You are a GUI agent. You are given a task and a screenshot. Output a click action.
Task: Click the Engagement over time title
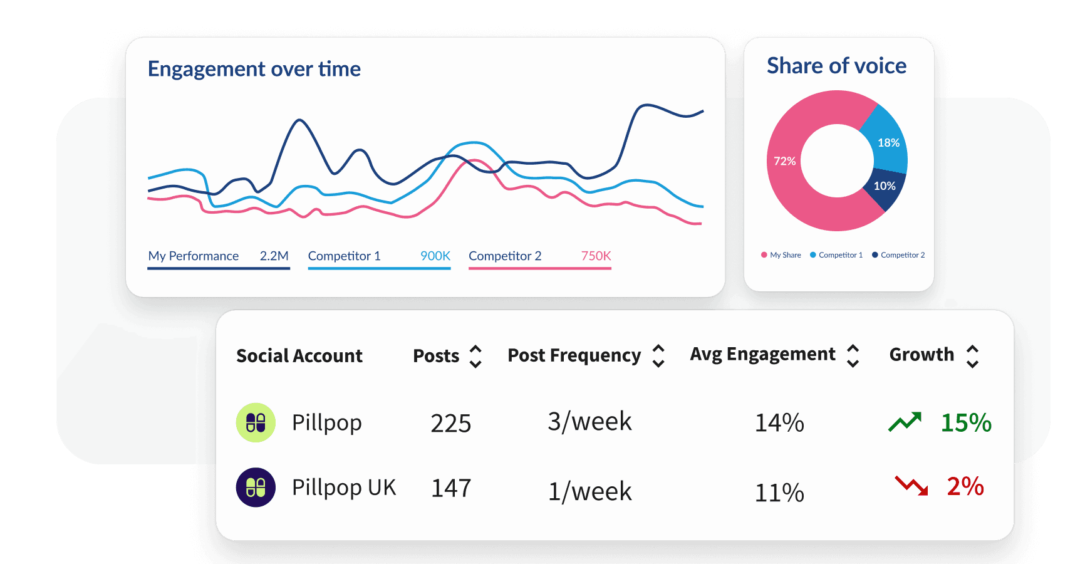[254, 69]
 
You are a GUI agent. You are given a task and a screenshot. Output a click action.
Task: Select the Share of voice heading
[836, 66]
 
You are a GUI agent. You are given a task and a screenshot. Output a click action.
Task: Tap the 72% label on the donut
[784, 161]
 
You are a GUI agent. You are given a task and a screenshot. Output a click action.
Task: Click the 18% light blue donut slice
[888, 143]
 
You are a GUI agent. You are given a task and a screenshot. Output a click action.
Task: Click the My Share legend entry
[781, 255]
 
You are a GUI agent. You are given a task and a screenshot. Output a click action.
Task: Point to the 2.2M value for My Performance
[274, 256]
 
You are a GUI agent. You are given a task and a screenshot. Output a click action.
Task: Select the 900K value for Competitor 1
[435, 256]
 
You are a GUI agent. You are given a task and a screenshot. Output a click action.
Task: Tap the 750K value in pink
[596, 256]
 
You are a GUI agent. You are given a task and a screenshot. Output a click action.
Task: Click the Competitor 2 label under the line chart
[505, 256]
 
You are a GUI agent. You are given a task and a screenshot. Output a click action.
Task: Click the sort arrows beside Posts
[475, 356]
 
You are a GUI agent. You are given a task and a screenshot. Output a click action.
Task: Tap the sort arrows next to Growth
[972, 356]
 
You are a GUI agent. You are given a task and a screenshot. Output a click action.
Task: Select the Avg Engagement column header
[762, 354]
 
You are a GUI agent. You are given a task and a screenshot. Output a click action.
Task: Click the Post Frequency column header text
[574, 355]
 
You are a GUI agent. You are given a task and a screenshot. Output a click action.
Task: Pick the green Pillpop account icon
[256, 423]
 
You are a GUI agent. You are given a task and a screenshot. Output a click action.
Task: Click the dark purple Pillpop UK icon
[256, 488]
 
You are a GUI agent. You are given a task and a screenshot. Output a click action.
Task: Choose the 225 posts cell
[450, 424]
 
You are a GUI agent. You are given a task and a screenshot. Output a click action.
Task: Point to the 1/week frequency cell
[589, 492]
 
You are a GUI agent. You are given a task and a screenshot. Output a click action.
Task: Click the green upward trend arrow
[905, 422]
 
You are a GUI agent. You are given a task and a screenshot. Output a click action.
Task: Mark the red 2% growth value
[965, 486]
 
